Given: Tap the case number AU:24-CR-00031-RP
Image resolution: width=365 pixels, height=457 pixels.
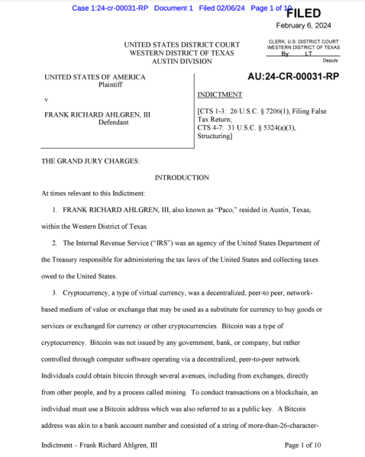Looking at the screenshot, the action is click(293, 76).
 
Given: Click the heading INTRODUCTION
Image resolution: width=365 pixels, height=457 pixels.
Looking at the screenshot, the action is click(182, 178).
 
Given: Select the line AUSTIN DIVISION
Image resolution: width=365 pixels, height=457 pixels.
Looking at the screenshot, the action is click(182, 61).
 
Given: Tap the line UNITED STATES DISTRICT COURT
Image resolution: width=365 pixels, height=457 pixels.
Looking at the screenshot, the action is click(182, 44).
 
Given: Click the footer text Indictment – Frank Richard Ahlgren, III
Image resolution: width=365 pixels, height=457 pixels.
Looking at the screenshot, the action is click(100, 444).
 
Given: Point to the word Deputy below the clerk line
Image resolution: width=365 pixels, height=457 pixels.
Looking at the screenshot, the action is click(330, 60).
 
